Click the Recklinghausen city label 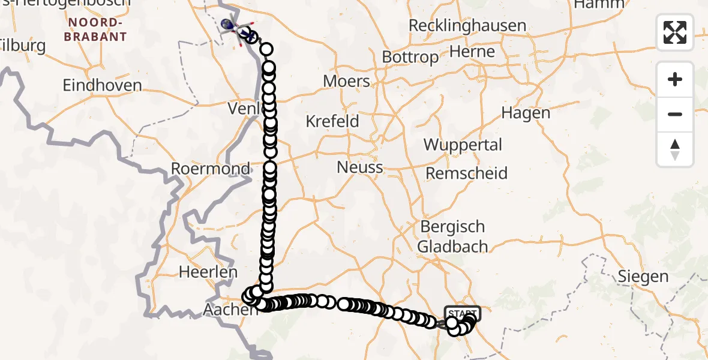point(467,26)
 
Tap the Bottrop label point(411,58)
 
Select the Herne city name point(472,52)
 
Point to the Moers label point(346,81)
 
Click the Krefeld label point(332,121)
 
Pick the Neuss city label point(359,167)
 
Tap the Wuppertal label point(463,145)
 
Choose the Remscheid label point(467,173)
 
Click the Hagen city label point(525,113)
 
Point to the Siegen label point(643,277)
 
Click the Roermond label point(211,169)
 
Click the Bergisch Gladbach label point(452,236)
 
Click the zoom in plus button point(675,79)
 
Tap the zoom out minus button point(675,114)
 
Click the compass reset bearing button point(675,149)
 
